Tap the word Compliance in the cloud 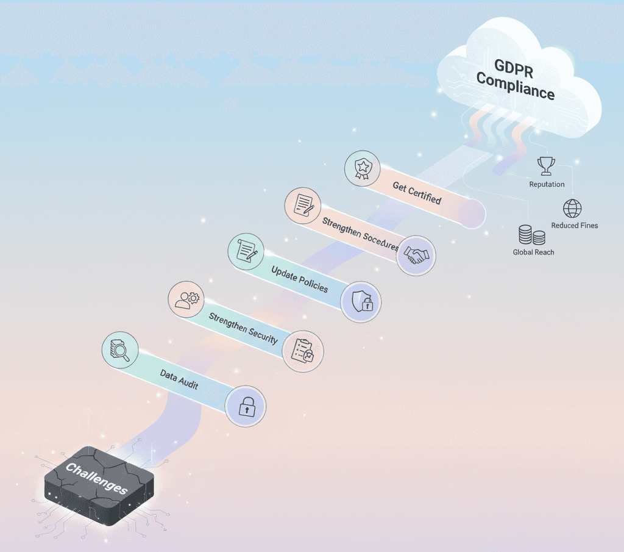516,87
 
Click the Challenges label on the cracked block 96,479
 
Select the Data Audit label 179,379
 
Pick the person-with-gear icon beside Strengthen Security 187,299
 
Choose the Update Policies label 299,278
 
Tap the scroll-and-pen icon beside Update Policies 247,250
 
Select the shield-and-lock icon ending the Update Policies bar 361,300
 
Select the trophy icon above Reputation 546,166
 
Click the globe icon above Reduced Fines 573,209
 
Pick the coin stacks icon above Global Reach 532,235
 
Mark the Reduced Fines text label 575,225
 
